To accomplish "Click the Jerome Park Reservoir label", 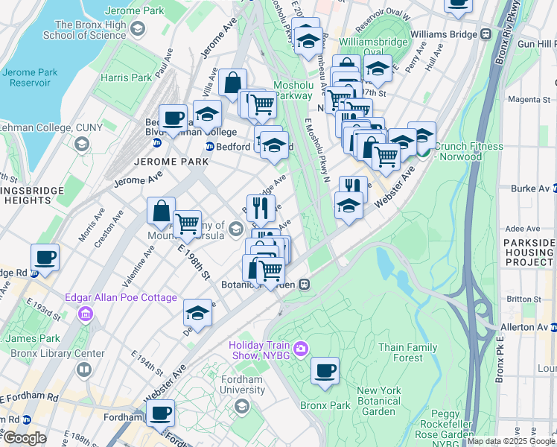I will [x=30, y=78].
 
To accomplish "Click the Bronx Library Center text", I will [x=68, y=353].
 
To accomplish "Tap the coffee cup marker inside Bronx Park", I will [x=324, y=370].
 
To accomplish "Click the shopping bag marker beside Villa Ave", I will [x=232, y=81].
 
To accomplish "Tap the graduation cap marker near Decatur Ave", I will [x=197, y=313].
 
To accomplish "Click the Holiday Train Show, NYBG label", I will [x=261, y=350].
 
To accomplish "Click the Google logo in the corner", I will [x=25, y=438].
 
